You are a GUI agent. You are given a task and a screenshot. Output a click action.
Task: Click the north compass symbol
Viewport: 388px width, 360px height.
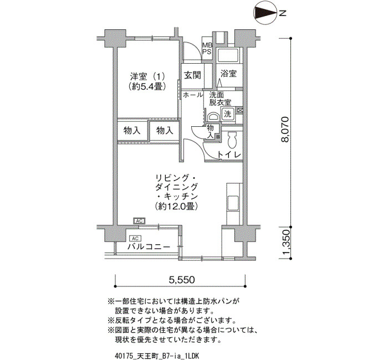click(266, 13)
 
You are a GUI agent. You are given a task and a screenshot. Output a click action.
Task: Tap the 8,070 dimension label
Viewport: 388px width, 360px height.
click(284, 129)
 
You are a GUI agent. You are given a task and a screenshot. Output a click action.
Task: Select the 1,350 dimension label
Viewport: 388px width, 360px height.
click(285, 243)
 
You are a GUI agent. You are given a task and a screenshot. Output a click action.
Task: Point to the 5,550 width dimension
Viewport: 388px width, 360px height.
click(182, 280)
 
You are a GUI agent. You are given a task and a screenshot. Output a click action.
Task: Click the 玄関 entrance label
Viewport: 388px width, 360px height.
click(192, 75)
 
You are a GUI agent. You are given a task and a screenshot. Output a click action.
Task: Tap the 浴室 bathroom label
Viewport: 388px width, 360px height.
click(228, 74)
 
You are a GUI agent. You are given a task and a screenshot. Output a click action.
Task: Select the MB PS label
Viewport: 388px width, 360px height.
click(207, 49)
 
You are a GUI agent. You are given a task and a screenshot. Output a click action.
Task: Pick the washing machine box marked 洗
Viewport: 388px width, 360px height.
click(227, 114)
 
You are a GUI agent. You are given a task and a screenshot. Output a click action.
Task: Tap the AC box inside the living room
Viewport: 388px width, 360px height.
click(139, 221)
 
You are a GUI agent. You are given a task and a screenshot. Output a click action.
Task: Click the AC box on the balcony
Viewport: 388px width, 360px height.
click(135, 239)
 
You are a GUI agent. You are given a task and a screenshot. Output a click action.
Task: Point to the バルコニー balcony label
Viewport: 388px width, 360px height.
click(149, 247)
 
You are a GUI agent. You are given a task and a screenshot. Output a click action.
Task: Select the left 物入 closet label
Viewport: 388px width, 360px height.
click(132, 130)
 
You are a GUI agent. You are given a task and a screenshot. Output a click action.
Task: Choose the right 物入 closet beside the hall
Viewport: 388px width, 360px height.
click(165, 130)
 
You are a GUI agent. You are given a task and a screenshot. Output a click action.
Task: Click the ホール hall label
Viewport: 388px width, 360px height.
click(193, 95)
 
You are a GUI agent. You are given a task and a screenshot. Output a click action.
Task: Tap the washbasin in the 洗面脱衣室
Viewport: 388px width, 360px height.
click(213, 117)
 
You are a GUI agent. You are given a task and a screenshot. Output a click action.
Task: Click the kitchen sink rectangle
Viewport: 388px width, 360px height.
click(233, 203)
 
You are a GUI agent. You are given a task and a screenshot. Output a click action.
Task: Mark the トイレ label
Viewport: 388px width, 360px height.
click(229, 155)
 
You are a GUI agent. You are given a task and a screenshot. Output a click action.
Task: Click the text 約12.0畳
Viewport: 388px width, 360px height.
click(176, 206)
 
